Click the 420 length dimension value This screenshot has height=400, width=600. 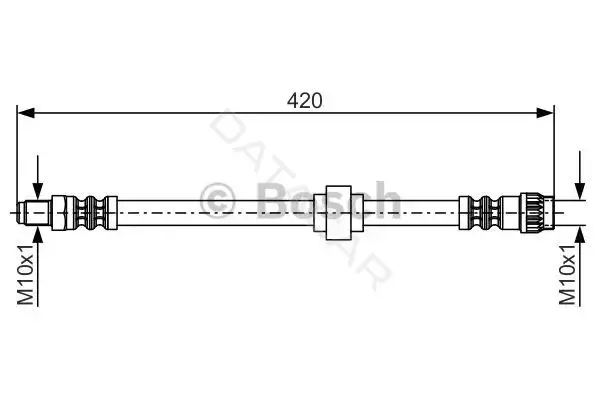click(305, 101)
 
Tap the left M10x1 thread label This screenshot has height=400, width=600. click(26, 274)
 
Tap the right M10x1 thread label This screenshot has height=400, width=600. click(567, 274)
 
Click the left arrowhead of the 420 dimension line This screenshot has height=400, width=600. click(26, 113)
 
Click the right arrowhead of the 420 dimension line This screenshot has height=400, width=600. click(545, 113)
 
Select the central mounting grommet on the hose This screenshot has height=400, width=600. click(338, 213)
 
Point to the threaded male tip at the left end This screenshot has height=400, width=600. click(34, 212)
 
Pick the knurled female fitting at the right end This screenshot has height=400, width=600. click(537, 212)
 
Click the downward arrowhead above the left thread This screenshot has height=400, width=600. click(38, 190)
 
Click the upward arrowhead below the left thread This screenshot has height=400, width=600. click(38, 235)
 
